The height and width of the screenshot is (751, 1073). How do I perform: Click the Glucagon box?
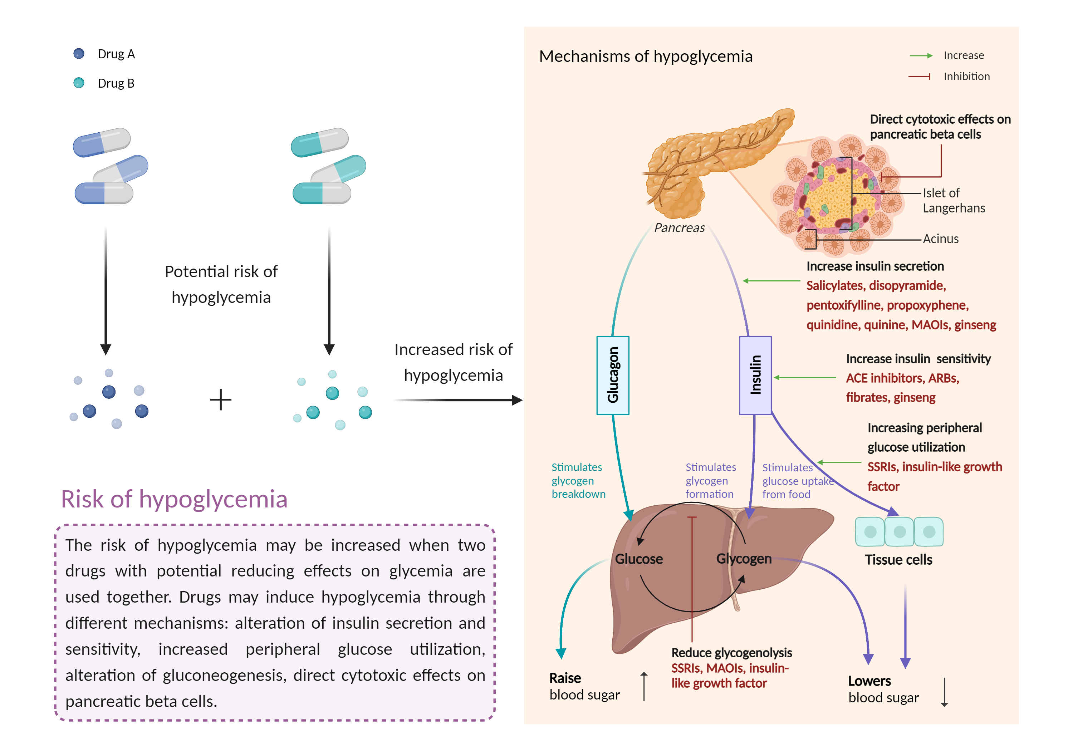(x=613, y=375)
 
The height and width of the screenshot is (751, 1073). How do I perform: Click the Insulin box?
(x=755, y=375)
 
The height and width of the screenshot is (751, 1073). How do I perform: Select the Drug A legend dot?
(x=79, y=54)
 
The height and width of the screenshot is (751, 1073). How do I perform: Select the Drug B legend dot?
(x=79, y=83)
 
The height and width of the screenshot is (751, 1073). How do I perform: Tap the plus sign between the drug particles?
(x=221, y=400)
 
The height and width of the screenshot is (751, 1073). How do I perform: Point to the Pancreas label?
(x=679, y=228)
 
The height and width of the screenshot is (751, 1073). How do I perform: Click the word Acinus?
(x=940, y=239)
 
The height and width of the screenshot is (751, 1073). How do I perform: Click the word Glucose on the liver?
(x=638, y=559)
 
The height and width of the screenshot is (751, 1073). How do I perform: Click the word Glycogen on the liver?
(x=744, y=559)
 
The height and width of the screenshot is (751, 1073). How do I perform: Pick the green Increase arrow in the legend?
(x=921, y=56)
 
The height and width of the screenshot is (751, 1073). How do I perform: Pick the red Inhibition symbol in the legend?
(x=919, y=77)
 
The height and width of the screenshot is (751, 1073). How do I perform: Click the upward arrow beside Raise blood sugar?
(x=644, y=686)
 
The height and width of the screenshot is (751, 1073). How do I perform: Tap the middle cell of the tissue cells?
(x=899, y=532)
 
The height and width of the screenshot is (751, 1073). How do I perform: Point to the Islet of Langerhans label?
(x=954, y=201)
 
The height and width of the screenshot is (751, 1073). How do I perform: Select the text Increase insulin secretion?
(x=875, y=266)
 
